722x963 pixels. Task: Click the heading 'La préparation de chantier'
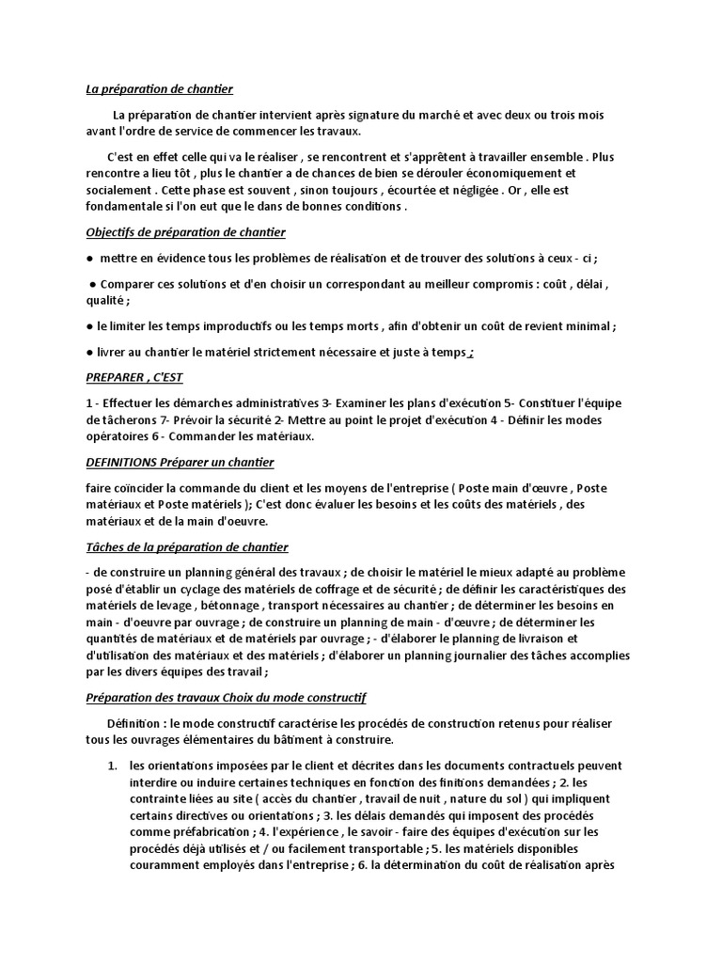click(159, 89)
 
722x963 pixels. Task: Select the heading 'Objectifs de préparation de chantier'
click(185, 231)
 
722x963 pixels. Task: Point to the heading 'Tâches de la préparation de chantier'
click(186, 546)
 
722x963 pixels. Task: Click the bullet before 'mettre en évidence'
click(88, 258)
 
